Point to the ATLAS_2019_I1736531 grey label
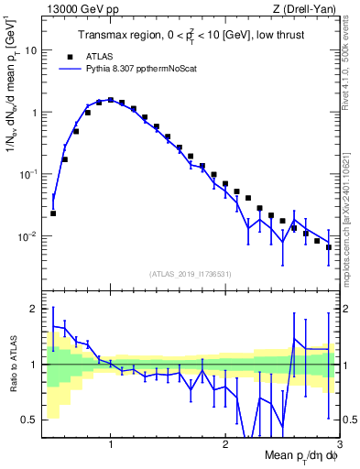pyautogui.click(x=190, y=273)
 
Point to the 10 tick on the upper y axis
pyautogui.click(x=33, y=50)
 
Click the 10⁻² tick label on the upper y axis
pyautogui.click(x=29, y=236)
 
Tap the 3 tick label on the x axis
pyautogui.click(x=339, y=444)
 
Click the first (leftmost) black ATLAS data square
pyautogui.click(x=53, y=213)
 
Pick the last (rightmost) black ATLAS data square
pyautogui.click(x=329, y=247)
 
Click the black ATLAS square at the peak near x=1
pyautogui.click(x=110, y=100)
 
